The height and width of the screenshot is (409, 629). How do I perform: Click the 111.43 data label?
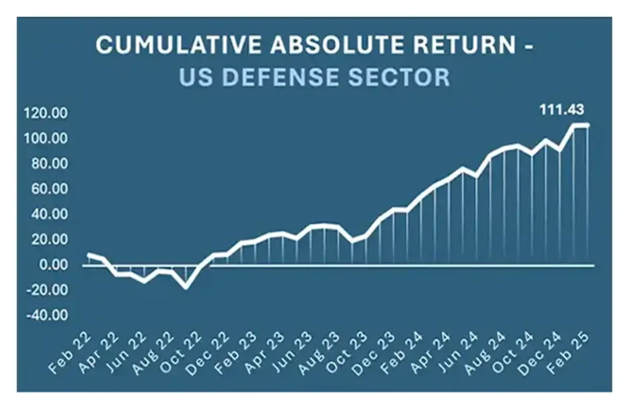tap(561, 110)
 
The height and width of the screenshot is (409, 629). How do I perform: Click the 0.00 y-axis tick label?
tap(54, 265)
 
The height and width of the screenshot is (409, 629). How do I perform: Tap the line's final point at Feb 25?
tap(588, 125)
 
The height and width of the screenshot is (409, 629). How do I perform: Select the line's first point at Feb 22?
tap(89, 255)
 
